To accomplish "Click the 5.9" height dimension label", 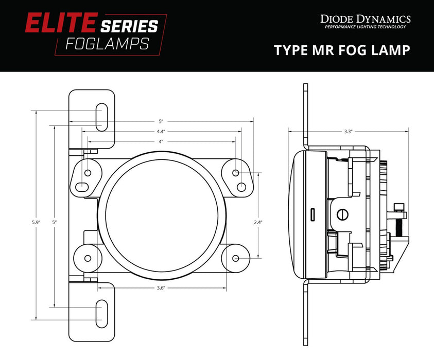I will click(x=35, y=222).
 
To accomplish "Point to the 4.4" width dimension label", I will click(x=161, y=131).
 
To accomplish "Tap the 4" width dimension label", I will click(x=161, y=141).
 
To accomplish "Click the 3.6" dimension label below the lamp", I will click(x=161, y=289).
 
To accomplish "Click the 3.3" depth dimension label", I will click(x=348, y=132).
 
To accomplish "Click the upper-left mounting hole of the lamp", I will click(x=88, y=172).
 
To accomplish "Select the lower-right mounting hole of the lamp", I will click(x=236, y=258).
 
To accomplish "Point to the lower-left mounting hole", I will click(x=88, y=258).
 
